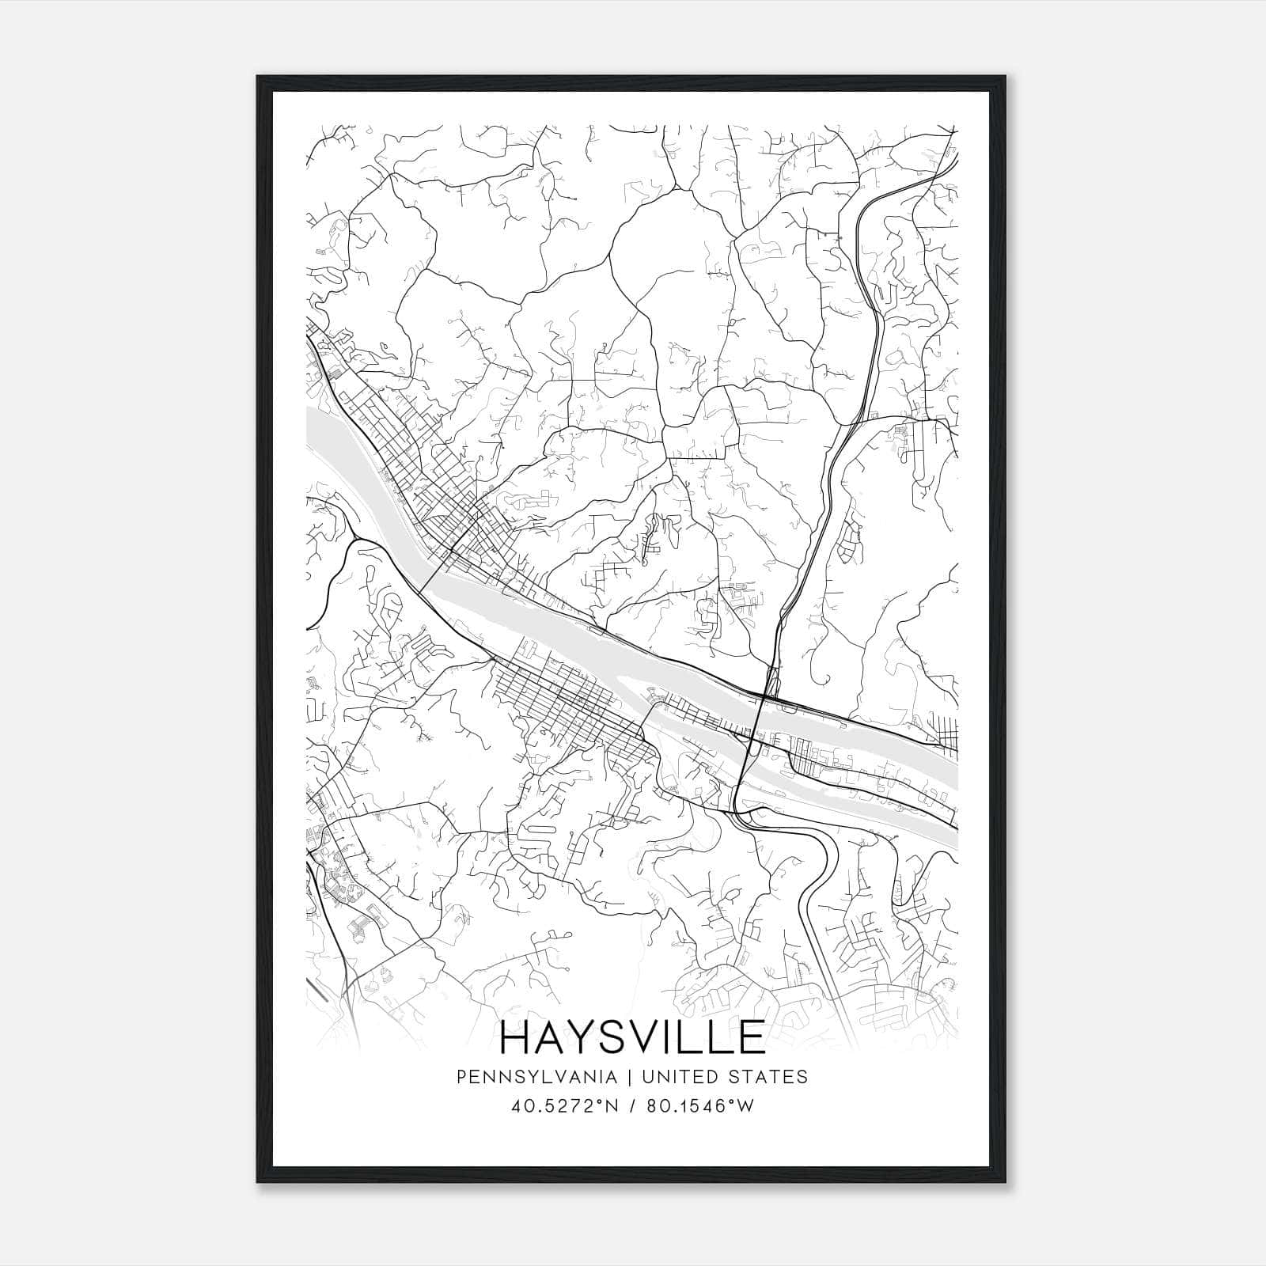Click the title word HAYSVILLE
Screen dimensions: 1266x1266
(x=632, y=1037)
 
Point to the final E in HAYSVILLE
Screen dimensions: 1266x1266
(x=751, y=1037)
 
